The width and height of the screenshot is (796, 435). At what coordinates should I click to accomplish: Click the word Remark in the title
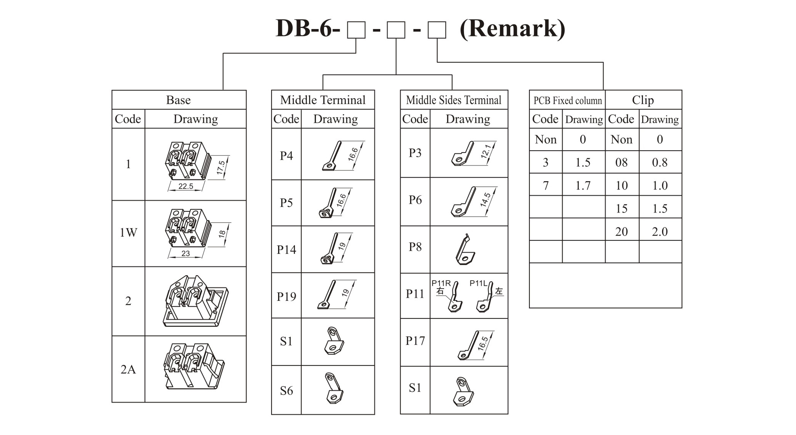coord(512,28)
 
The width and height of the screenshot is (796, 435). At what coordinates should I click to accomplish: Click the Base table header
coord(178,100)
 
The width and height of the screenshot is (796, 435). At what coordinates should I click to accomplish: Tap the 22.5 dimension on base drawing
coord(186,186)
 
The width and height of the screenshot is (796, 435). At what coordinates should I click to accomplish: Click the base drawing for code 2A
coord(194,366)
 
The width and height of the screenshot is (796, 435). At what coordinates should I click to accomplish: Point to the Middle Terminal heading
coord(323,100)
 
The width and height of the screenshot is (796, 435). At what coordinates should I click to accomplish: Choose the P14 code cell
coord(286,250)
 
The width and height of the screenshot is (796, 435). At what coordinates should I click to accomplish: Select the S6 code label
coord(286,391)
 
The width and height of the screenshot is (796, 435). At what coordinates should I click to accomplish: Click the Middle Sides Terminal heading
coord(454,100)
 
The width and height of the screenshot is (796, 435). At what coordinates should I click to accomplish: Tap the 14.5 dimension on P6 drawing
coord(485,200)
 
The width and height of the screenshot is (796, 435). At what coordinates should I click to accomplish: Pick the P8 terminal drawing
coord(465,249)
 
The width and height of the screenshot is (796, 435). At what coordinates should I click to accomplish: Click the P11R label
coord(441,283)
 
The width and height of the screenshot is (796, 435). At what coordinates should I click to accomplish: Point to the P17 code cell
coord(415,341)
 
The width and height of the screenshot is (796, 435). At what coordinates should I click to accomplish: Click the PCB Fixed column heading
coord(568,101)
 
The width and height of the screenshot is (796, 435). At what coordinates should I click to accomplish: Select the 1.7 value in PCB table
coord(583,186)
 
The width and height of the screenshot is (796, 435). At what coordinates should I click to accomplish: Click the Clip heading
coord(643,100)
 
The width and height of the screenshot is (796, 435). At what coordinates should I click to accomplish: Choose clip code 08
coord(622,162)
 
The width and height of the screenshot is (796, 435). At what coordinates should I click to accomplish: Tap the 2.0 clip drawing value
coord(660,232)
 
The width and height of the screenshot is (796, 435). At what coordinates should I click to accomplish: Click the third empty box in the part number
coord(437,30)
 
